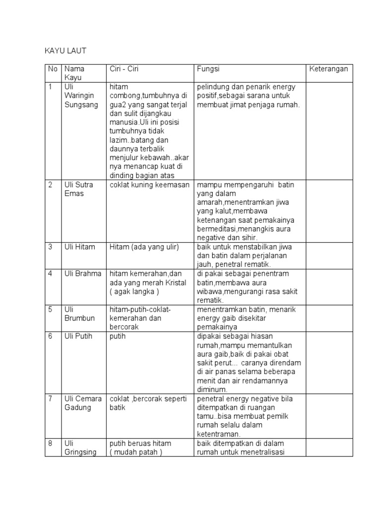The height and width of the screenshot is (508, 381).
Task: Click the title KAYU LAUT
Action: [65, 51]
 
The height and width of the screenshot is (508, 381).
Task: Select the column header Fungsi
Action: [208, 69]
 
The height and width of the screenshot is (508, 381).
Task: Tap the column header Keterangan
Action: [329, 69]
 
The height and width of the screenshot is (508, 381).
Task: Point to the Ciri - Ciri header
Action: [124, 69]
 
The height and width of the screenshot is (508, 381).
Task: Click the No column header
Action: [53, 69]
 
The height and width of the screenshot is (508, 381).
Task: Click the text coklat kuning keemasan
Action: [150, 185]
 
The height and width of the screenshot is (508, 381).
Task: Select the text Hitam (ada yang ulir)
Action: [144, 247]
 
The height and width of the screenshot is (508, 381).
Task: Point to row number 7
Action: [50, 399]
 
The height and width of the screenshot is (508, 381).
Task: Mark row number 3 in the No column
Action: [50, 247]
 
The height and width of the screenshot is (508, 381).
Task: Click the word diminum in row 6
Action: [212, 390]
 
